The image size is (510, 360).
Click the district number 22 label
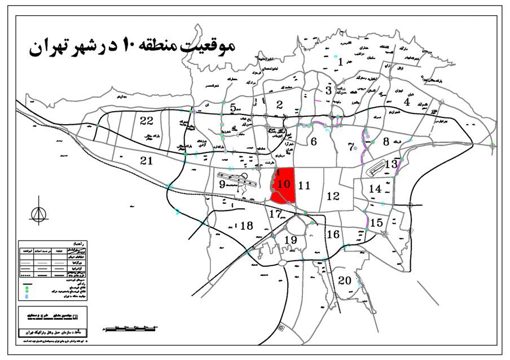(147, 120)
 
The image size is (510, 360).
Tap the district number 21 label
(147, 161)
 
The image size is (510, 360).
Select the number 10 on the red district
(284, 183)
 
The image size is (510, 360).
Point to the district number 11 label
(305, 185)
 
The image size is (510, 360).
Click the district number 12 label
(333, 196)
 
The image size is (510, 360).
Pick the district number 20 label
(344, 281)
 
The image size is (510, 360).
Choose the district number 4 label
(407, 102)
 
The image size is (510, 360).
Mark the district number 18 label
(246, 226)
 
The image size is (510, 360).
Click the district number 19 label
(291, 240)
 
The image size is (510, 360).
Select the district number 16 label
(333, 234)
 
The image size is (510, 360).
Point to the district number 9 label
(222, 184)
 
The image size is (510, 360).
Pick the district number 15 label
(377, 222)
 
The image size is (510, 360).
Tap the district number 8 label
(386, 142)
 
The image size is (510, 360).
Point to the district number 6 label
(313, 141)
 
